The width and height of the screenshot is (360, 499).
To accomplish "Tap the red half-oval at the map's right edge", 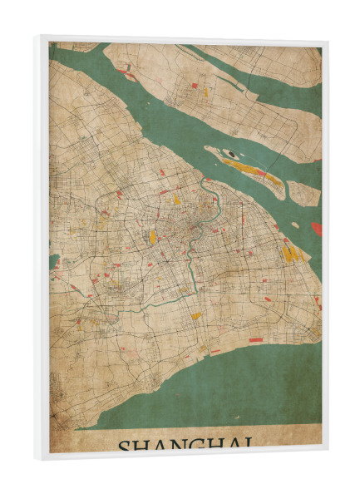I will click(x=317, y=228).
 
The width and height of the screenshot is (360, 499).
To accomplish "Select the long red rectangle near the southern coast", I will click(x=255, y=339).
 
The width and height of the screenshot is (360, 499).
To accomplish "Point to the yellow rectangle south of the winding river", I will click(x=196, y=316).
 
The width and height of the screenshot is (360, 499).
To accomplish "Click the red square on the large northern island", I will click(x=195, y=85).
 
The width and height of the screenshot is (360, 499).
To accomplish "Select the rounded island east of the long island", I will click(x=303, y=194).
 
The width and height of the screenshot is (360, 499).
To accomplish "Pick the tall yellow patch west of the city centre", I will click(x=152, y=237).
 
